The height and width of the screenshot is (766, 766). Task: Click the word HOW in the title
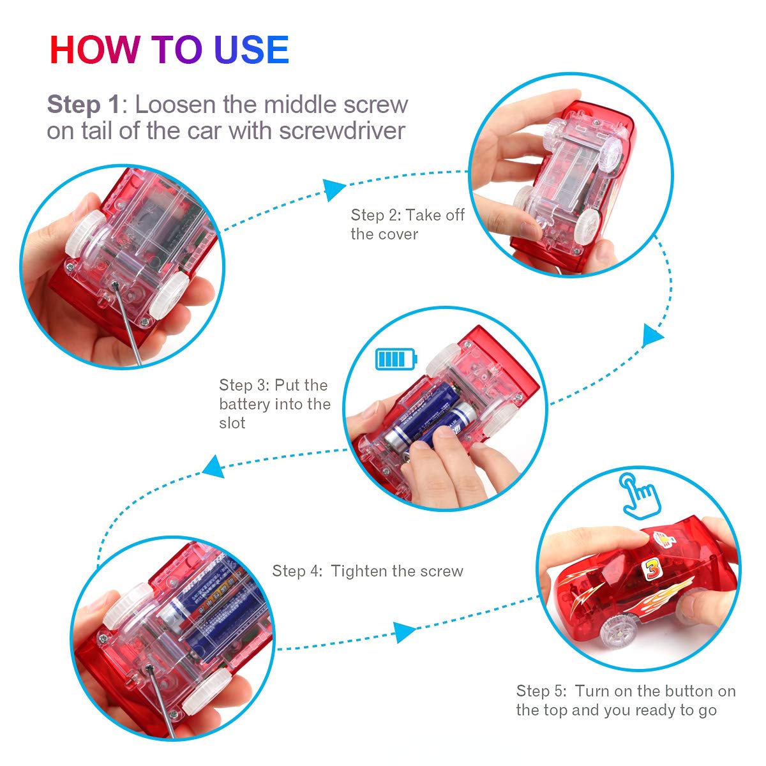[x=94, y=50]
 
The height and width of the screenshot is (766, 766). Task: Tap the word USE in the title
[x=252, y=50]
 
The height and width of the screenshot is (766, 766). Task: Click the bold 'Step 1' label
[x=84, y=105]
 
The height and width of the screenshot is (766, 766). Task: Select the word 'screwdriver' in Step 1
[x=342, y=131]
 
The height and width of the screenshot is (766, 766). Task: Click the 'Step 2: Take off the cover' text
[x=407, y=224]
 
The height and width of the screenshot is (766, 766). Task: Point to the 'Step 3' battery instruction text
[x=274, y=403]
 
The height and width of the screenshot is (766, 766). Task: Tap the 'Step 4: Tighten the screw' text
[x=368, y=571]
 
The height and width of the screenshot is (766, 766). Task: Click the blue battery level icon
[x=396, y=359]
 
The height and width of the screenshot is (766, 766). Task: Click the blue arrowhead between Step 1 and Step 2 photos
[x=334, y=190]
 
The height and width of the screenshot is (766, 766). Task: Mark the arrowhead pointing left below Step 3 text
[x=213, y=467]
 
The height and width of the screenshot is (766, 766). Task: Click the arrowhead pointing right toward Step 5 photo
[x=404, y=632]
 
